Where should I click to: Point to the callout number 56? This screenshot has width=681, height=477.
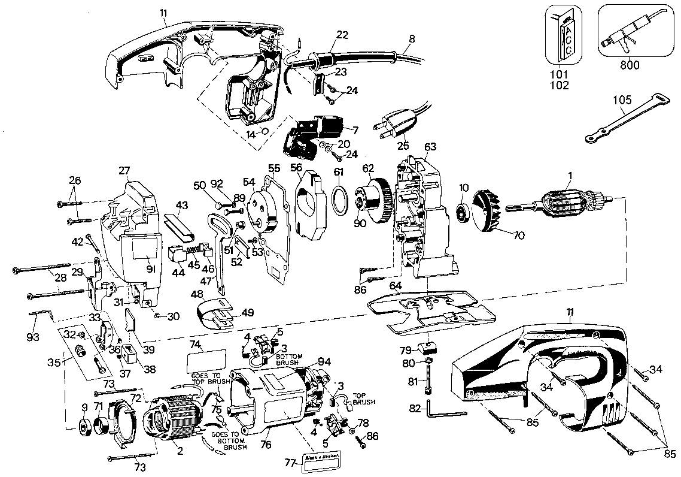(297, 167)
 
